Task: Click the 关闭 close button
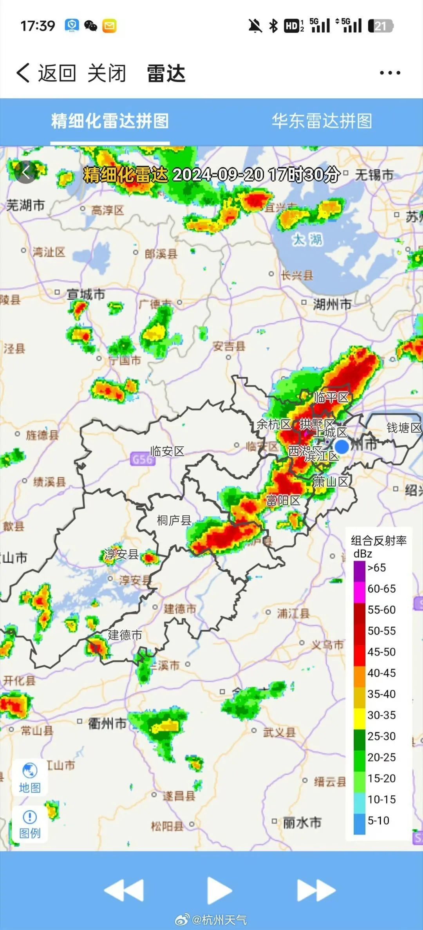click(107, 73)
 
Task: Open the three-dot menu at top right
click(390, 73)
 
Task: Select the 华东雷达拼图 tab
click(322, 121)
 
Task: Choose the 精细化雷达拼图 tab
click(110, 121)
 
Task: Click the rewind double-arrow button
click(124, 891)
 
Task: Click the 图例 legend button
click(30, 824)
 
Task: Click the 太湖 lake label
click(307, 239)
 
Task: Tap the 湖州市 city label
click(331, 304)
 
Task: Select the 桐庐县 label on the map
click(174, 520)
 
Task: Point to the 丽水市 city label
click(302, 822)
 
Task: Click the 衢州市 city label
click(107, 723)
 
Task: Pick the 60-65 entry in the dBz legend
click(381, 589)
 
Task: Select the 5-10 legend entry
click(378, 820)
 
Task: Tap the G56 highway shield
click(142, 459)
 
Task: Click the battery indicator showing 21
click(380, 26)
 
